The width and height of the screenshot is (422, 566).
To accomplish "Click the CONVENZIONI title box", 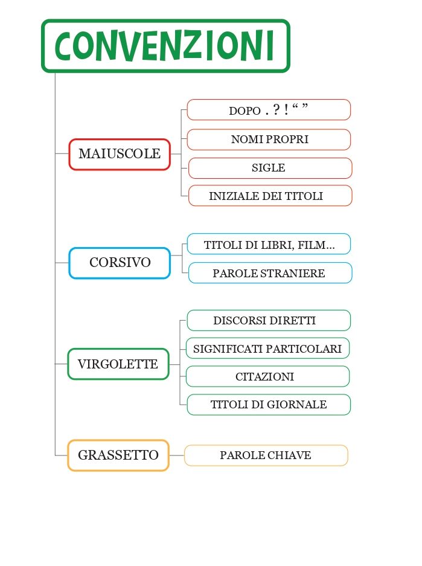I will click(165, 46).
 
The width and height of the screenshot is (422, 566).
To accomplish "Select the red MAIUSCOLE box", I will click(120, 154).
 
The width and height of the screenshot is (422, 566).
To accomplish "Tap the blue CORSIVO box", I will click(120, 263).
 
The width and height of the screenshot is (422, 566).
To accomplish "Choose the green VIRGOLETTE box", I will click(118, 364).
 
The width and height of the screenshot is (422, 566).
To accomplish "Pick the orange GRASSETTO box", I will click(118, 455).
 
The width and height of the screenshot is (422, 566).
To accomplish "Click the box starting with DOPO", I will click(269, 110).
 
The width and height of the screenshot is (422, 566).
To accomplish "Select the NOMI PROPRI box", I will click(269, 140).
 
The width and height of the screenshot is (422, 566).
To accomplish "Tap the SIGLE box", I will click(269, 168).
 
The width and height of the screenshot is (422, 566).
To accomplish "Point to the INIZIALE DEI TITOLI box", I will click(269, 196).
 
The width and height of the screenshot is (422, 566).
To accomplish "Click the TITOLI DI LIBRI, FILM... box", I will click(269, 245).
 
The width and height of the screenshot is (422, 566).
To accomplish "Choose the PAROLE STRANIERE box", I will click(269, 273).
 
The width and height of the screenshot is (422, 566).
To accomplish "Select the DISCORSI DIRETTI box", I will click(268, 320).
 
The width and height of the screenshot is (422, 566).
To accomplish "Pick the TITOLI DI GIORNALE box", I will click(268, 405).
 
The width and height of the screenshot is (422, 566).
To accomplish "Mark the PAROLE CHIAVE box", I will click(266, 455).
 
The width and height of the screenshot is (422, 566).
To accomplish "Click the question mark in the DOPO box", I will click(276, 111).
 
